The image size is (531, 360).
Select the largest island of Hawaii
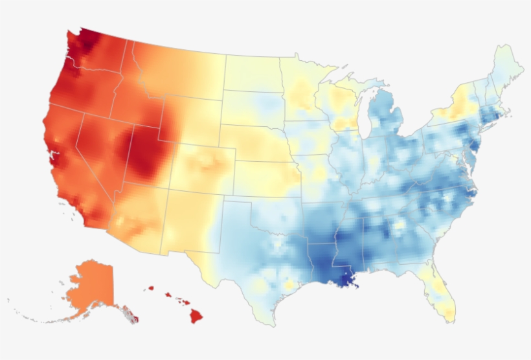click(196, 316)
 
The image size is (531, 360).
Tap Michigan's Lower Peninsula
click(389, 117)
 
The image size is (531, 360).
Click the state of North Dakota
click(253, 74)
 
